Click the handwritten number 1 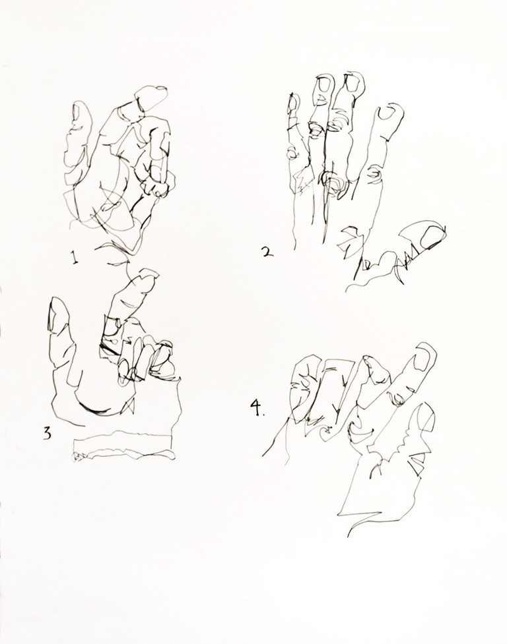click(74, 258)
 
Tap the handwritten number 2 click(267, 251)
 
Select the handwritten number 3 click(48, 433)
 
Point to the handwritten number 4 click(256, 408)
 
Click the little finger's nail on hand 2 click(292, 103)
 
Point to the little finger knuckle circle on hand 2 click(292, 153)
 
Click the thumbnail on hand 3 click(53, 313)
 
